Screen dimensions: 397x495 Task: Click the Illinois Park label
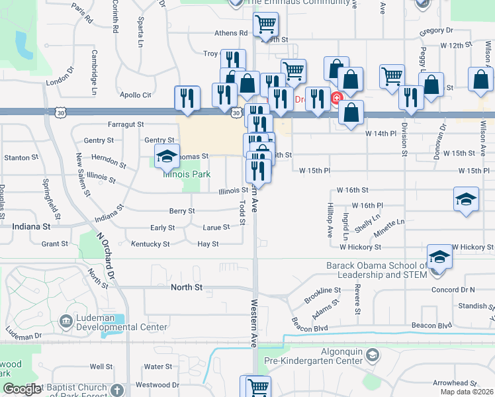pyautogui.click(x=187, y=175)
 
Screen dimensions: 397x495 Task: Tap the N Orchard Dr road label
pyautogui.click(x=105, y=255)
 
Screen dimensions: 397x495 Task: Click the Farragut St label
pyautogui.click(x=126, y=124)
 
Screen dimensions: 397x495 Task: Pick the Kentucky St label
pyautogui.click(x=150, y=244)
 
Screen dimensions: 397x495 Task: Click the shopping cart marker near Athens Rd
pyautogui.click(x=265, y=25)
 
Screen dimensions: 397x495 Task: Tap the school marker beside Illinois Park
pyautogui.click(x=167, y=157)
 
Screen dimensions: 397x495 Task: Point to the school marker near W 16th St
pyautogui.click(x=466, y=198)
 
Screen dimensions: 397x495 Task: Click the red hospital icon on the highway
pyautogui.click(x=336, y=99)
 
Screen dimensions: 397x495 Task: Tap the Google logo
pyautogui.click(x=22, y=389)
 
